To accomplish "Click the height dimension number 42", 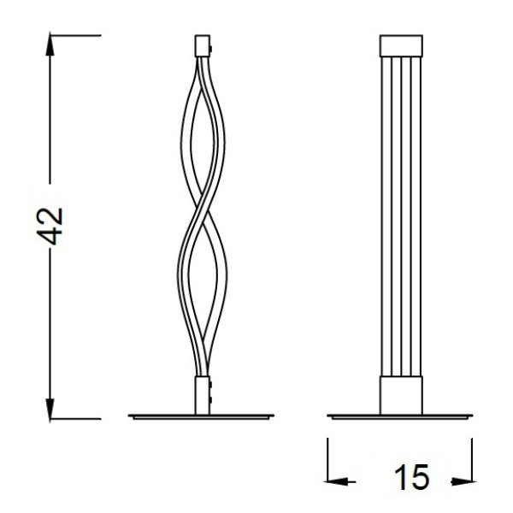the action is click(x=50, y=226).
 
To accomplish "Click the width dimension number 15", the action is click(x=411, y=477).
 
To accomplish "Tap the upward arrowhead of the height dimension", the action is click(x=50, y=44).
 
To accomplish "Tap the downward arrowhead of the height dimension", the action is click(x=50, y=410).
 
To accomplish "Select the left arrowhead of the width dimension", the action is click(x=335, y=481).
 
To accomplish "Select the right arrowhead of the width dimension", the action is click(x=463, y=481).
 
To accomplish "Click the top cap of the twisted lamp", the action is click(x=202, y=46).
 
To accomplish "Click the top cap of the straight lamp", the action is click(x=401, y=46).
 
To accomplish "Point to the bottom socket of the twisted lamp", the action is click(x=202, y=395).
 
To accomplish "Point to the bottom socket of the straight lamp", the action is click(x=401, y=395).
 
